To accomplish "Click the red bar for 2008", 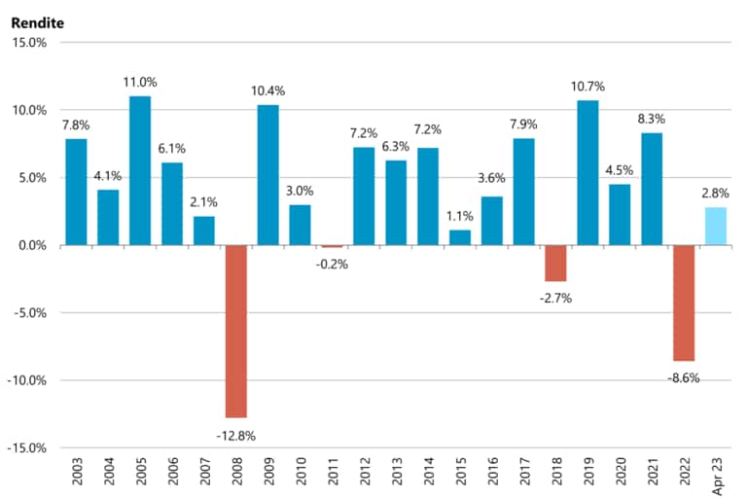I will tap(235, 331).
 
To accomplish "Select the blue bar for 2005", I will tap(140, 170).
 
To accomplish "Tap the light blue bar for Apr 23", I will tap(716, 226).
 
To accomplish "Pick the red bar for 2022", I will tap(684, 302).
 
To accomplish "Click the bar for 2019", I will tap(587, 172).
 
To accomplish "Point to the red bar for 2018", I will tap(555, 263).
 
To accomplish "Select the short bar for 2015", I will tap(459, 237).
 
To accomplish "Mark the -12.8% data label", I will tap(235, 436).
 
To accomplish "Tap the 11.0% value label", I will tap(140, 83).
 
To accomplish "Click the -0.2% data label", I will tap(333, 264).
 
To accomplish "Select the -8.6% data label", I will tap(683, 377).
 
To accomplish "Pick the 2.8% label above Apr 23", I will tap(716, 194).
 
